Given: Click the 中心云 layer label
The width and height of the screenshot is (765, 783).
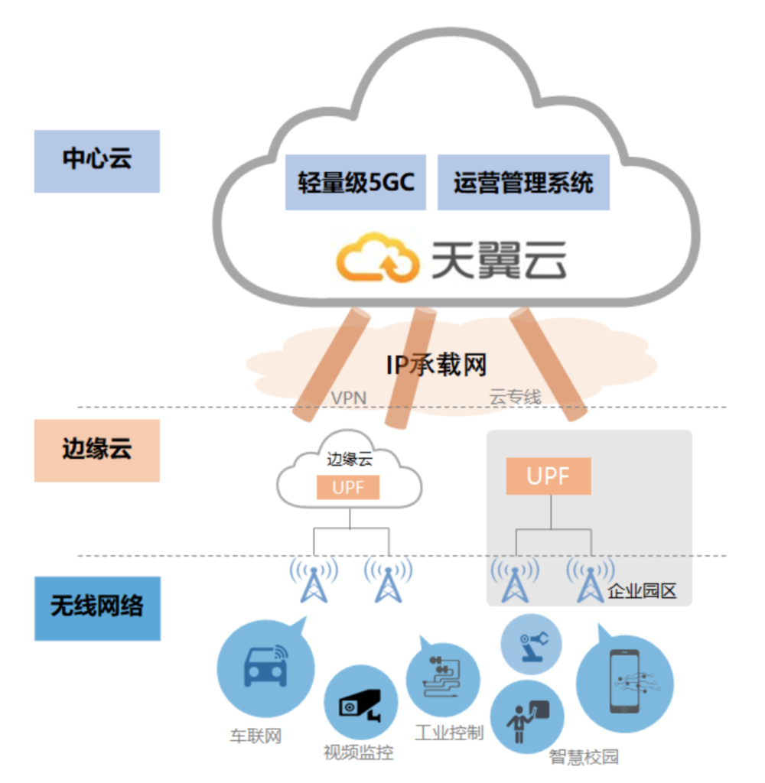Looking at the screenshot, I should coord(96,161).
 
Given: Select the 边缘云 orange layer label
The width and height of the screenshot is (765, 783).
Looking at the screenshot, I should coord(96,450).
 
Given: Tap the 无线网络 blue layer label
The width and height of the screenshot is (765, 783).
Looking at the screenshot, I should coord(97,608).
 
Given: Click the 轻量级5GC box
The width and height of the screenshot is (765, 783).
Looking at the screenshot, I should coord(356,183).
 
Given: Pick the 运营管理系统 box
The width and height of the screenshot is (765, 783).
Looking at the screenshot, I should coord(523,183).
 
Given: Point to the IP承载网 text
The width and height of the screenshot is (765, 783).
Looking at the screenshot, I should coord(436,365).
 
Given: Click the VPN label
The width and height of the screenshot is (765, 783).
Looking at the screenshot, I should coord(348,398).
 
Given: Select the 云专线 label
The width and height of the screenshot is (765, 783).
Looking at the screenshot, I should coord(515,398).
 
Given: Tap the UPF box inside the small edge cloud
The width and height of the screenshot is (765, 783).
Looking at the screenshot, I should coord(348,487).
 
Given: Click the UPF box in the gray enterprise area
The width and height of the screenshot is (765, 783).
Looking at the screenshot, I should coord(548,476).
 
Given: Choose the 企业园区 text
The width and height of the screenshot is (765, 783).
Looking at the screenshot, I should coord(643,592).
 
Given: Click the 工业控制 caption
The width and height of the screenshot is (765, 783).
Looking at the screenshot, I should coord(449,733).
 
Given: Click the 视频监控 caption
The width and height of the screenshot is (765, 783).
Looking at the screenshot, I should coord(358,752).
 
